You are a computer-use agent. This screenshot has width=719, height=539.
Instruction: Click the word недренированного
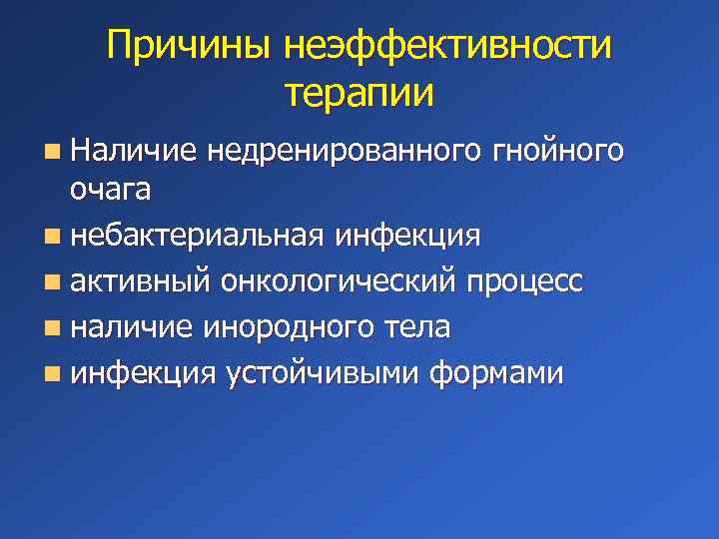(x=346, y=152)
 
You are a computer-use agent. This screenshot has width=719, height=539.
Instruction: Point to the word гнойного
(x=559, y=152)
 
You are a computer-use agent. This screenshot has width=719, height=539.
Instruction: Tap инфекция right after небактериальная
(x=408, y=237)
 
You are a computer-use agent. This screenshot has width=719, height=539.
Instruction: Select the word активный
(x=140, y=282)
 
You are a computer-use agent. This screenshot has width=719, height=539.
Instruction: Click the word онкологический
(x=339, y=282)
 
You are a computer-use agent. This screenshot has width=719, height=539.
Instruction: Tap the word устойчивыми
(x=324, y=373)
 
